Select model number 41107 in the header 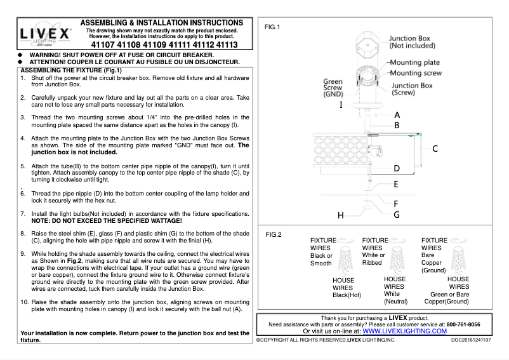point(104,46)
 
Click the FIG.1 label point(272,27)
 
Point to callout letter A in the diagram point(397,116)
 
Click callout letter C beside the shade point(435,149)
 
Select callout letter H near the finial point(341,215)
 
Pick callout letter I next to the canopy point(341,104)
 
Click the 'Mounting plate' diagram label point(414,63)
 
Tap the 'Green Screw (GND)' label point(333,88)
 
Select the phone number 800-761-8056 point(463,324)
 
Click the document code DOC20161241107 point(471,340)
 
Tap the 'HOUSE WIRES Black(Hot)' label point(347,287)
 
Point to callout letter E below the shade point(396,185)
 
